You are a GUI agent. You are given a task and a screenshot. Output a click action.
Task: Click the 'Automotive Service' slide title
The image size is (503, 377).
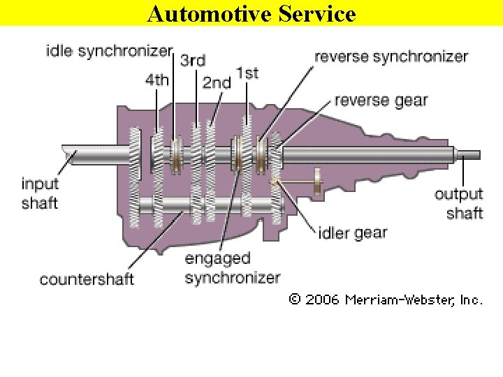click(251, 13)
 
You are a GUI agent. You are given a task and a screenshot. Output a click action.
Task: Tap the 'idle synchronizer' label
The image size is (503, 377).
click(108, 50)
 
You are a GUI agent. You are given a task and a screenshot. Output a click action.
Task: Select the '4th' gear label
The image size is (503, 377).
click(157, 79)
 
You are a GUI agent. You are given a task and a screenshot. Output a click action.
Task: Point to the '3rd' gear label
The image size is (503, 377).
click(193, 61)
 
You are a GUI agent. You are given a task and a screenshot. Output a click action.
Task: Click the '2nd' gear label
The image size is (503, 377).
click(217, 82)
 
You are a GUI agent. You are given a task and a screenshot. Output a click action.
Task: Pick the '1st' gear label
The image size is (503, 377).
click(247, 72)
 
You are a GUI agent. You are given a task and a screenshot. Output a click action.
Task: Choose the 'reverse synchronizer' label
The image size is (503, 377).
click(391, 57)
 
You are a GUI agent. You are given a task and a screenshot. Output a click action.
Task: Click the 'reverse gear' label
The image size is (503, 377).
click(381, 101)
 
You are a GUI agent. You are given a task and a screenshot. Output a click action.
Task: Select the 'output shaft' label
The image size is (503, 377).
click(459, 203)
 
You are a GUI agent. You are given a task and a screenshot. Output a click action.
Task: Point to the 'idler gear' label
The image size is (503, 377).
click(352, 232)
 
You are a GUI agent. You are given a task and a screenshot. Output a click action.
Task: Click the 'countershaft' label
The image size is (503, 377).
click(87, 280)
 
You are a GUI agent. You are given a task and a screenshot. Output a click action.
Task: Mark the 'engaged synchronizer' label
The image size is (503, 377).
click(232, 268)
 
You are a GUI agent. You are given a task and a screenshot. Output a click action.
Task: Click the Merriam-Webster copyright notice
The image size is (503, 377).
click(386, 300)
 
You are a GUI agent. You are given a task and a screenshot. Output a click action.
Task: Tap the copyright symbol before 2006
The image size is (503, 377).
click(295, 300)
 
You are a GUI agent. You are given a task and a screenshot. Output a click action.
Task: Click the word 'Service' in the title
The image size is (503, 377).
click(315, 13)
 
